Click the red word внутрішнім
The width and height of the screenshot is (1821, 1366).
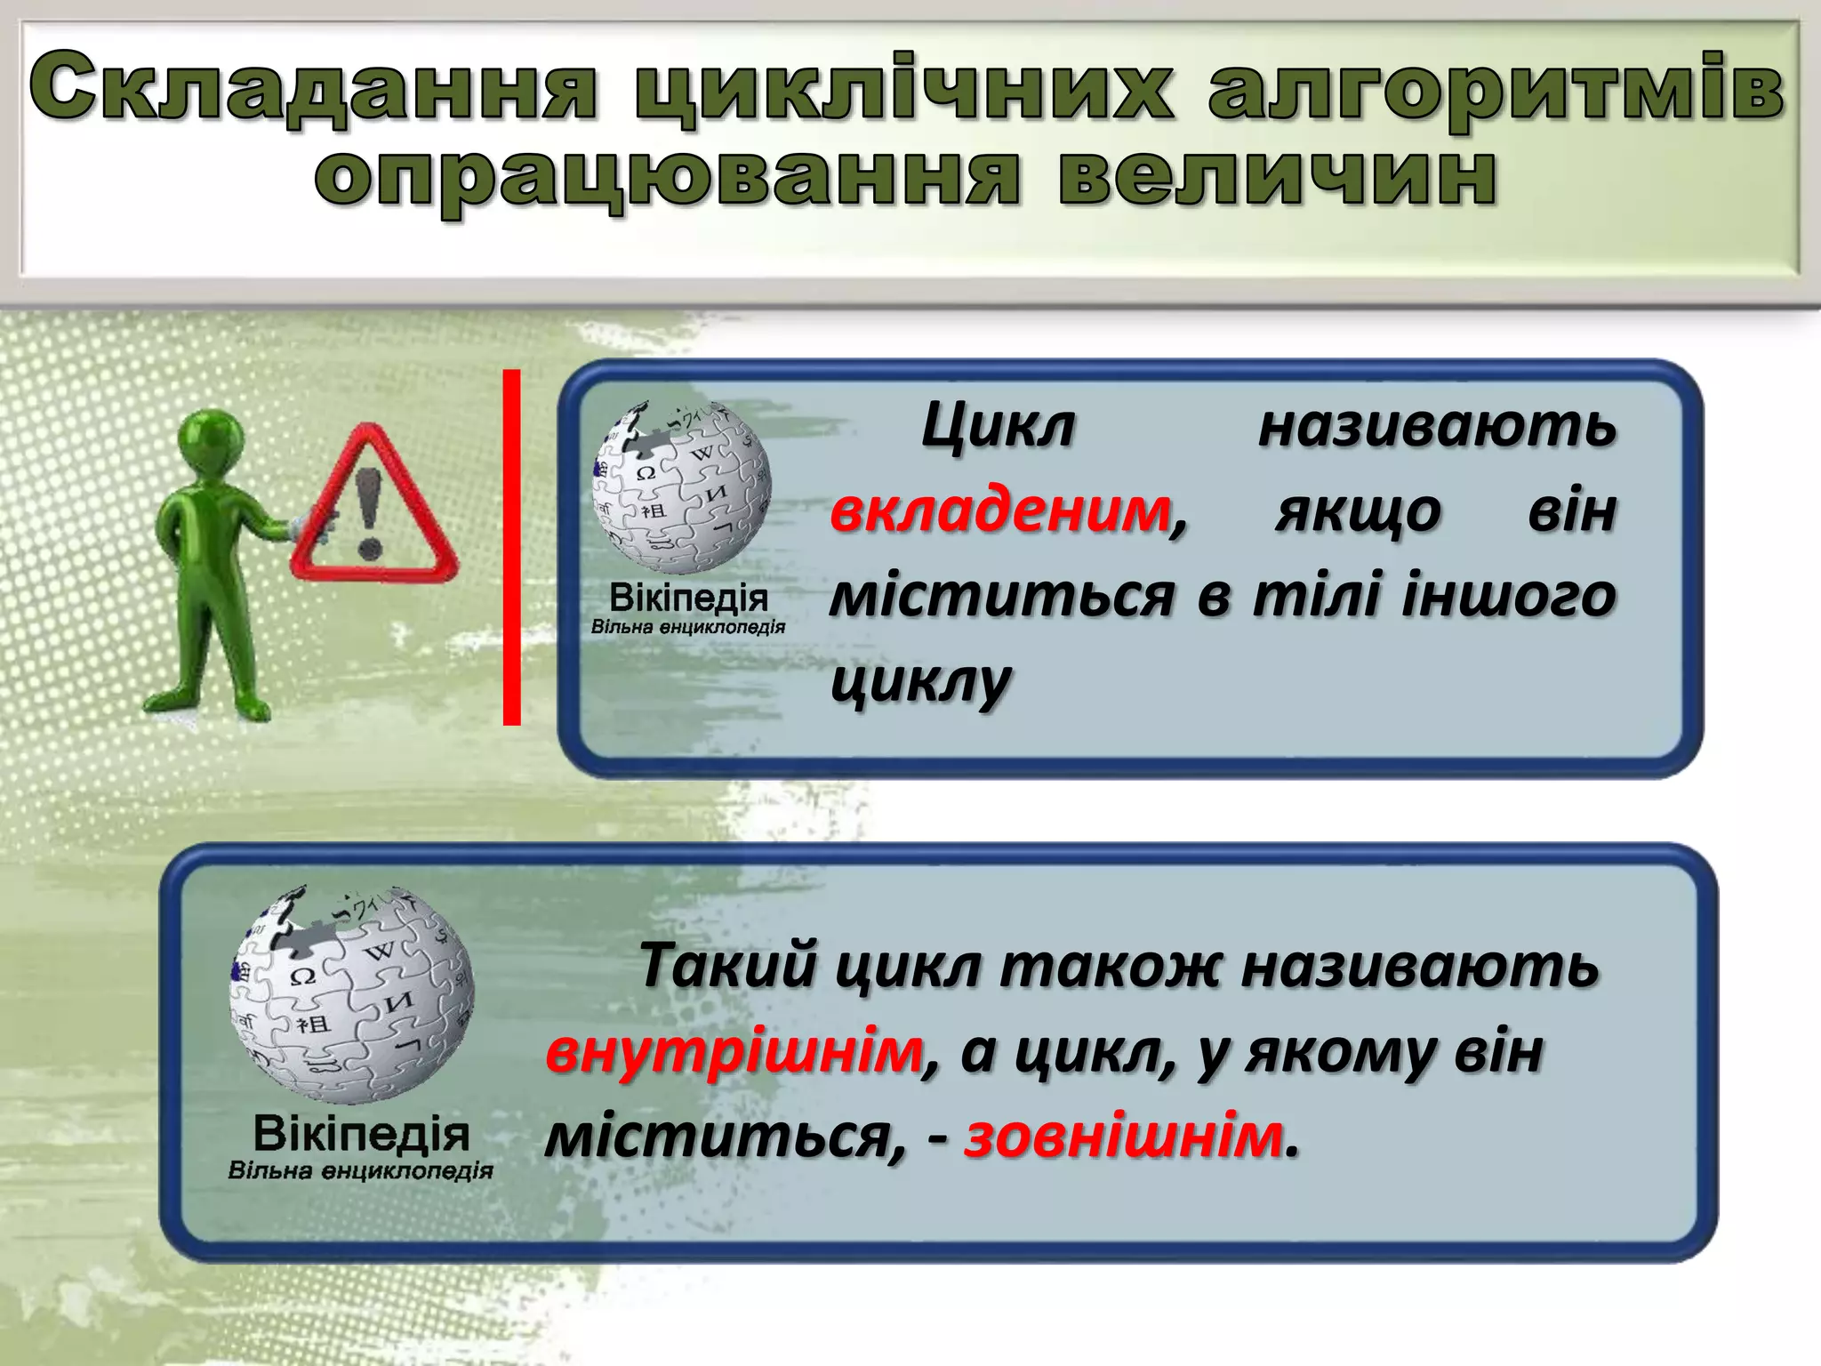(x=734, y=1052)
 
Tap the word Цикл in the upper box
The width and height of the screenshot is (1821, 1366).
(x=997, y=426)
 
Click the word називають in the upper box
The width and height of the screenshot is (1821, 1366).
(x=1437, y=426)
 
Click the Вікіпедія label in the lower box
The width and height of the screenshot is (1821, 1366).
(x=361, y=1134)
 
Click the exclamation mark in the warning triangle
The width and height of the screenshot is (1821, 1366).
(x=369, y=512)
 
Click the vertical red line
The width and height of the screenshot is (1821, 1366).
(x=511, y=546)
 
